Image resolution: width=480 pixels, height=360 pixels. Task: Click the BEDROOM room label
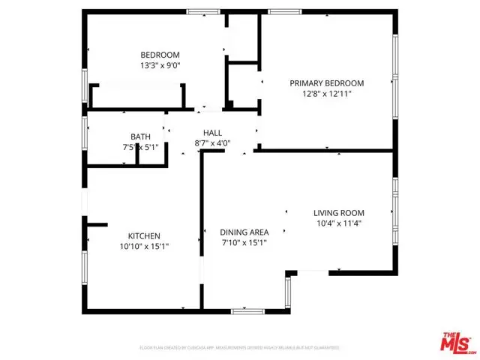point(160,55)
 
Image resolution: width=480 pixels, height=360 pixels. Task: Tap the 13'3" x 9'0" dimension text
point(160,66)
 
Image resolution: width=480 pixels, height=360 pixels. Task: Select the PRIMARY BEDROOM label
point(327,83)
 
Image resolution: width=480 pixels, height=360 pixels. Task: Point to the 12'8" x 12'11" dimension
point(327,94)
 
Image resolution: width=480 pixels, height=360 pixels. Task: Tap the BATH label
point(140,136)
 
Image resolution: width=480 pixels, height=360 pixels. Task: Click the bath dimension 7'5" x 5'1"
point(140,147)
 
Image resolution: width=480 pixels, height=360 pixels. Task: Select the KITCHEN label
point(143,236)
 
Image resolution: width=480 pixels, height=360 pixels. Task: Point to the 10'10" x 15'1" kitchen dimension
point(143,247)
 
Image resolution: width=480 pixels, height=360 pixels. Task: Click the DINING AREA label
point(244,232)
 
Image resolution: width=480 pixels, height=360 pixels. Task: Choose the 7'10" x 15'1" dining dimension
point(244,243)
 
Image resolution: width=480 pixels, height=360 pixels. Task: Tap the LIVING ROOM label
point(338,212)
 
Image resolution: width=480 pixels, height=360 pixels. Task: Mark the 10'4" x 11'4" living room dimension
point(338,223)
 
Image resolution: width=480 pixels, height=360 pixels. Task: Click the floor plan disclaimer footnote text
point(240,348)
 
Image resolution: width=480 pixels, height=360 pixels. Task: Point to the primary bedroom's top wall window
point(280,11)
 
